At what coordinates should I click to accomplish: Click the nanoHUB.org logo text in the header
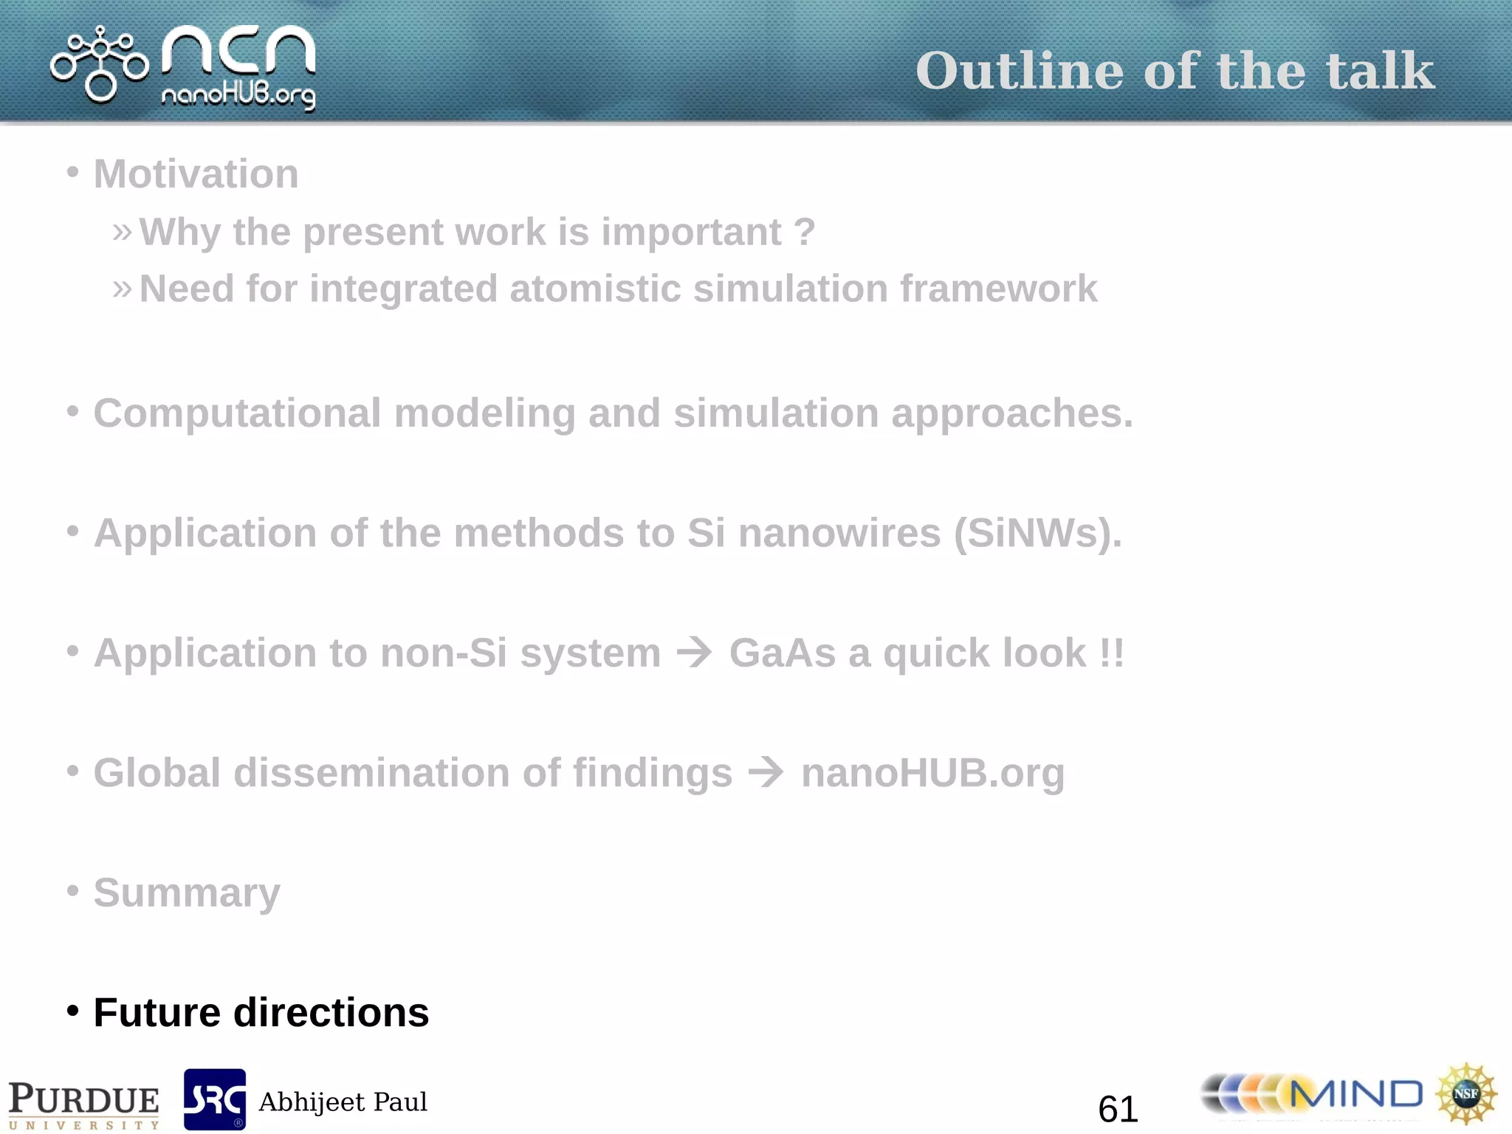point(238,95)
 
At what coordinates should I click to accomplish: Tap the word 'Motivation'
point(196,174)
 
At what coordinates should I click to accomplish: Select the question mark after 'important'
point(805,232)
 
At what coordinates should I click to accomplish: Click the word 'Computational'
point(237,413)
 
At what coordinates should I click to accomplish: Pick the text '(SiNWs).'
point(1037,533)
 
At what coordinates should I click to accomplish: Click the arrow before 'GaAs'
point(695,653)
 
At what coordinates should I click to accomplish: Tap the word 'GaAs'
point(782,653)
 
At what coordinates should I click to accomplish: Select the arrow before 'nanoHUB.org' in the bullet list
point(766,773)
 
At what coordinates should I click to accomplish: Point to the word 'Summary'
point(187,893)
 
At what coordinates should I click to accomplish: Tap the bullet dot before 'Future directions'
point(72,1011)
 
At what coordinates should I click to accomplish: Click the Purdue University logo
point(83,1104)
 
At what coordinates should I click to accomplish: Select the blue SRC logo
point(215,1099)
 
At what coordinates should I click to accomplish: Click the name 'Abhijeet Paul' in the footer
point(343,1102)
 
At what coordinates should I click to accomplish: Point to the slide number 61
point(1118,1109)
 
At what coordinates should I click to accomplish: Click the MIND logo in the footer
point(1312,1095)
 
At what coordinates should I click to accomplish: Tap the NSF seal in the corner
point(1466,1093)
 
